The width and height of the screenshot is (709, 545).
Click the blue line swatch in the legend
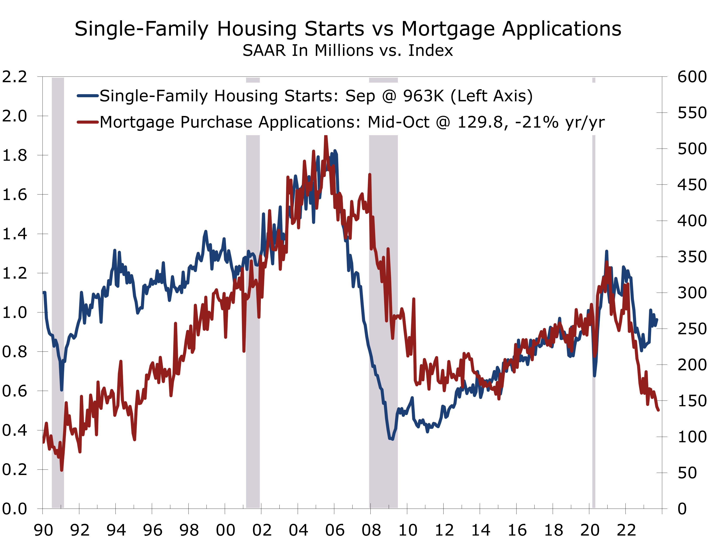88,96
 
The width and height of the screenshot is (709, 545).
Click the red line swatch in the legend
88,122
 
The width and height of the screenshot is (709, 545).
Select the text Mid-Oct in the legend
398,122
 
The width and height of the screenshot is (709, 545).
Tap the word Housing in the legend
246,97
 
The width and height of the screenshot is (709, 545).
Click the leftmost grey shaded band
58,292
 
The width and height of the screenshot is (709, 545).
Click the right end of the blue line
657,320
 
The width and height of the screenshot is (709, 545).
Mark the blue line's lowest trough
392,439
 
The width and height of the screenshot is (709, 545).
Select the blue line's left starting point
44,293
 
